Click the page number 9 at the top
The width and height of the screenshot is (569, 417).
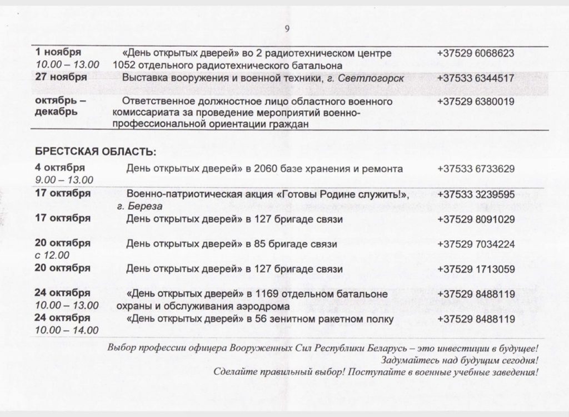(x=287, y=30)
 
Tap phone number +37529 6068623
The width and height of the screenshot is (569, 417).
(x=475, y=53)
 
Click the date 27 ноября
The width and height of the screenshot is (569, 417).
(x=59, y=77)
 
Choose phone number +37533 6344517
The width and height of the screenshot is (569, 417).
(x=475, y=78)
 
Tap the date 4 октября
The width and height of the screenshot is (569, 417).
(x=59, y=168)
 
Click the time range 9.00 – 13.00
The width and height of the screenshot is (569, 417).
(x=63, y=179)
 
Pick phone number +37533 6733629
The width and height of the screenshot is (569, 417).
(x=475, y=168)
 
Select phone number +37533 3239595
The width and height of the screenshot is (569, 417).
(x=475, y=194)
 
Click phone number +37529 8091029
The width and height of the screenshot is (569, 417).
(x=475, y=219)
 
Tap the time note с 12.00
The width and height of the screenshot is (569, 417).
(x=52, y=255)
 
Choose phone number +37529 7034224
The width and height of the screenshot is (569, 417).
(x=475, y=244)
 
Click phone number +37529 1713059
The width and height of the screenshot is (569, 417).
(x=475, y=269)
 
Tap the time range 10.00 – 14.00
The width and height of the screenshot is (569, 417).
(x=66, y=330)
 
